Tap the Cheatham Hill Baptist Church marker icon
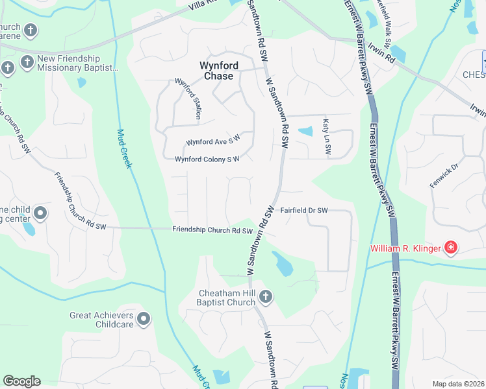coord(265,297)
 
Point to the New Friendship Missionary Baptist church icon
coord(27,62)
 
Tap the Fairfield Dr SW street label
coord(304,210)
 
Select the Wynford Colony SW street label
coord(207,159)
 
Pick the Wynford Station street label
coord(187,99)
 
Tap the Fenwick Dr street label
coord(444,176)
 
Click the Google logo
coord(21,381)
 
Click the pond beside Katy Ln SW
coord(305,131)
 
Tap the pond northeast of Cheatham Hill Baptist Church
coord(283,264)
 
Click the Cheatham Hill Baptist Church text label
coord(227,297)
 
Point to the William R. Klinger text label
coord(405,248)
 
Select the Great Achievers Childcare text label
coord(102,320)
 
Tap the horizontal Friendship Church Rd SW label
coord(212,230)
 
